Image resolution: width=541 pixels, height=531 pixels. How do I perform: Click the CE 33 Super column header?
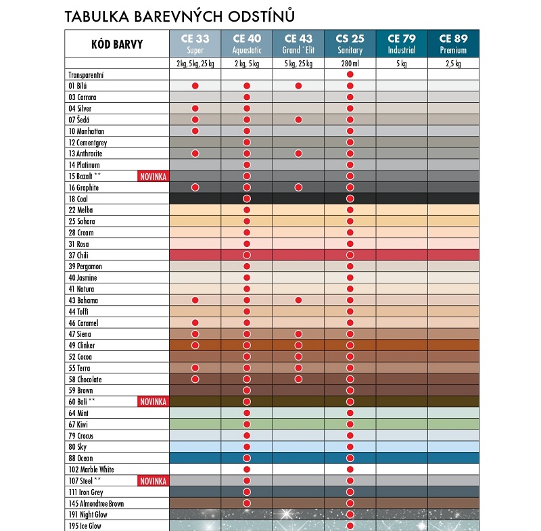pos(195,44)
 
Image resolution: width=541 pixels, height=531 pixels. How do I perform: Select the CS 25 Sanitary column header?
pos(350,44)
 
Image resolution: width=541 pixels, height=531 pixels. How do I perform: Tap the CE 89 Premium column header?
pos(453,44)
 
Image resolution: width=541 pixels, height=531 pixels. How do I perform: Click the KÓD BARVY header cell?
pos(116,45)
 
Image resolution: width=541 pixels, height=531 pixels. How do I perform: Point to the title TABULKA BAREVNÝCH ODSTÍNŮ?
pos(179,15)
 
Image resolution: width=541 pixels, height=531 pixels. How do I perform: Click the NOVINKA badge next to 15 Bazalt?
pos(154,177)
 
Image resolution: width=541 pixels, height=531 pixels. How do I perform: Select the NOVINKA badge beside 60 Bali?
pos(154,402)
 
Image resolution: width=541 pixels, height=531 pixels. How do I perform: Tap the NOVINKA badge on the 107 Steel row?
pos(154,481)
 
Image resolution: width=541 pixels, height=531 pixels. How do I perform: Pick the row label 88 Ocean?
pos(82,458)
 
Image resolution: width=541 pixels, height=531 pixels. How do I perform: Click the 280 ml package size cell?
pos(350,64)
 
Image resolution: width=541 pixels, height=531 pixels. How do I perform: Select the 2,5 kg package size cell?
pos(453,64)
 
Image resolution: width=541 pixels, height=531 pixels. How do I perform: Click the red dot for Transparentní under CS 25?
pos(350,74)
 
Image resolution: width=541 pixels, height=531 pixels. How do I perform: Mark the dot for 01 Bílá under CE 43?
pos(298,86)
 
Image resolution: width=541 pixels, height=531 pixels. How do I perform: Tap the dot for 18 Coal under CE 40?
pos(247,199)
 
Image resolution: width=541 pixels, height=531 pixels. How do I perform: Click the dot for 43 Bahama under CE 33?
pos(195,300)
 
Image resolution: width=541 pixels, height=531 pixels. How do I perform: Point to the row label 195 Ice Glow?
pos(85,526)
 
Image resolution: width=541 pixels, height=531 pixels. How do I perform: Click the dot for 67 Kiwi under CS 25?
pos(350,424)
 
